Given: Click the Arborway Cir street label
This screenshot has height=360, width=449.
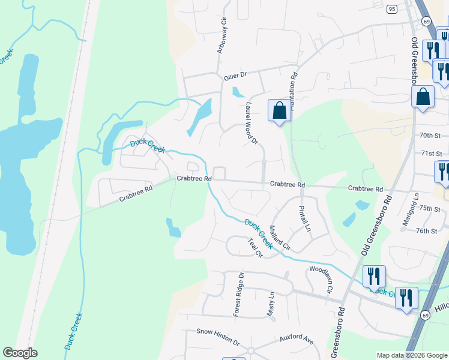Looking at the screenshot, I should [222, 37].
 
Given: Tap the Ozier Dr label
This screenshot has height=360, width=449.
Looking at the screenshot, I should [235, 76].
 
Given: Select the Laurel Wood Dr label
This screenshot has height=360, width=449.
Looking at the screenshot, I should [251, 124].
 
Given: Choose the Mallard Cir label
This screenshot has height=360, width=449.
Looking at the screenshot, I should [280, 238].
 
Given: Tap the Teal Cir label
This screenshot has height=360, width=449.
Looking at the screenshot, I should [256, 247].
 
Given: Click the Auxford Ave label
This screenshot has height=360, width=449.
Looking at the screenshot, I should [297, 340].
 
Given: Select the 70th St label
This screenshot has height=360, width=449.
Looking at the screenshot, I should [430, 136].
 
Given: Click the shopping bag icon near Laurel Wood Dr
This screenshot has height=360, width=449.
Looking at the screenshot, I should [279, 111].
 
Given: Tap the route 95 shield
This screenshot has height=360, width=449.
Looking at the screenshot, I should [392, 9].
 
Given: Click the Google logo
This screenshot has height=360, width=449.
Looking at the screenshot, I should [20, 353].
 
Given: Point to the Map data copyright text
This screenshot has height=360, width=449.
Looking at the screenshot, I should [411, 355].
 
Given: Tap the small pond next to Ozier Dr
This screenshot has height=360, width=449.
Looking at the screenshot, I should [238, 92].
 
